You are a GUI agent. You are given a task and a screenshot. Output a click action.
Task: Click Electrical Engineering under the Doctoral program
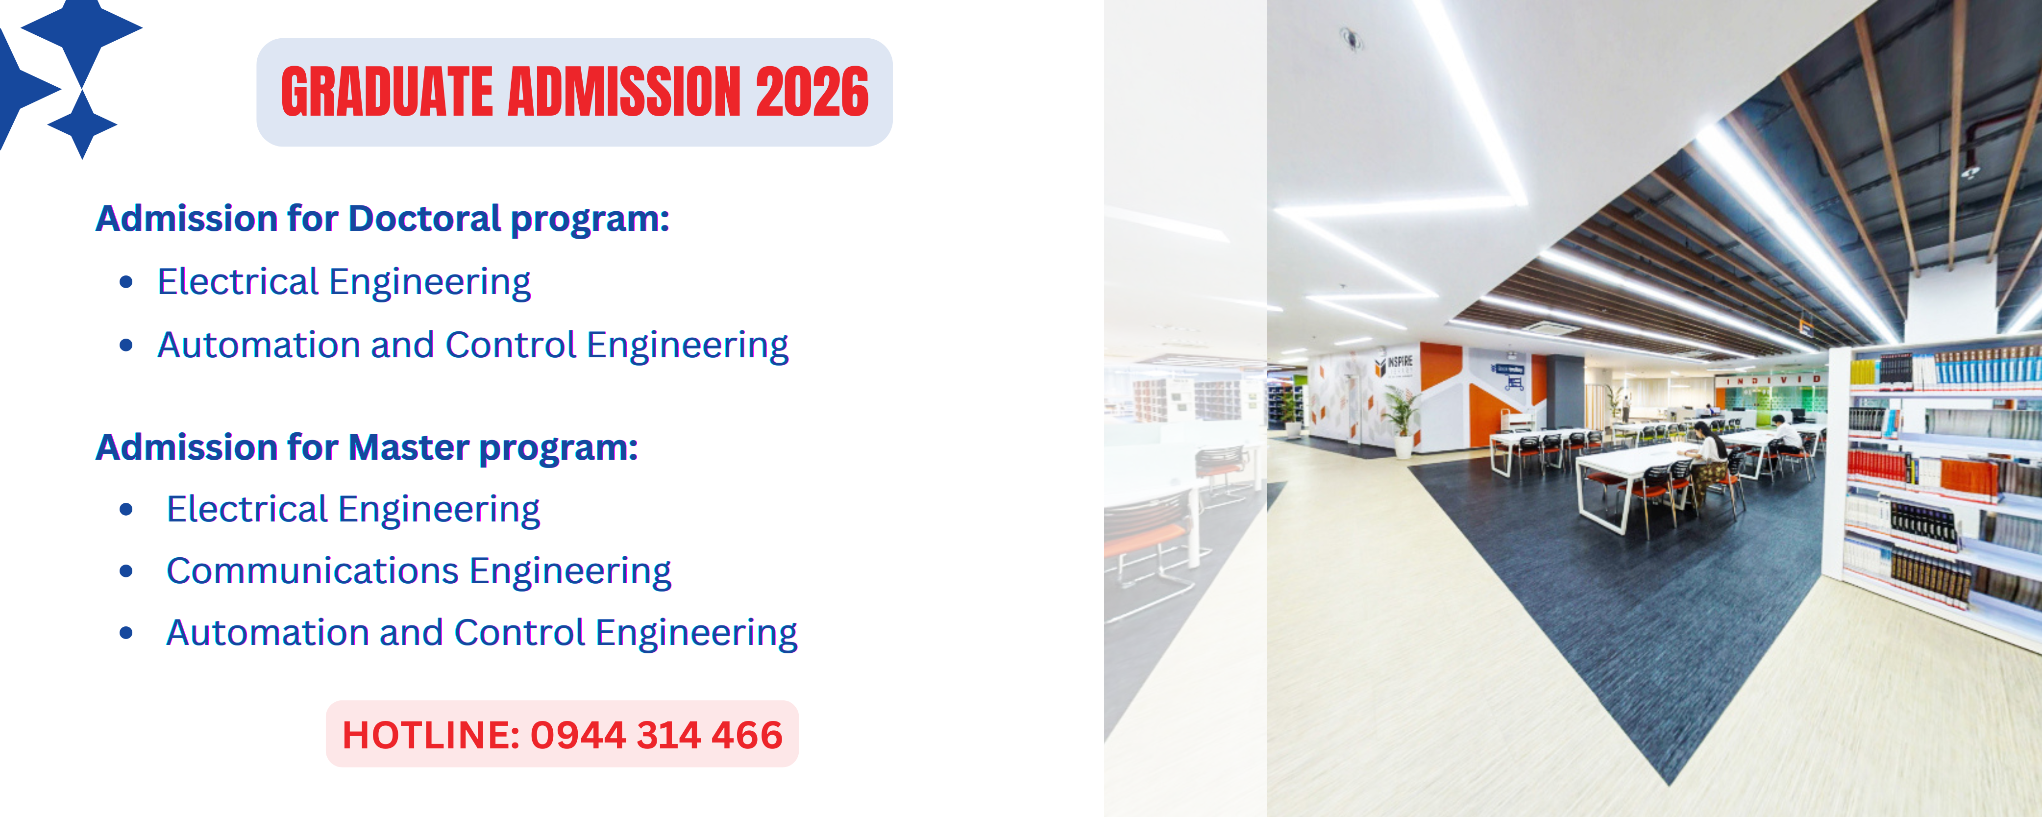click(344, 282)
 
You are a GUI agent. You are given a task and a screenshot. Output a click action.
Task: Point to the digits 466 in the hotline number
click(747, 735)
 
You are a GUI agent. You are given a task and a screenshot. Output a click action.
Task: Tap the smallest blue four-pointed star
click(82, 124)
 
